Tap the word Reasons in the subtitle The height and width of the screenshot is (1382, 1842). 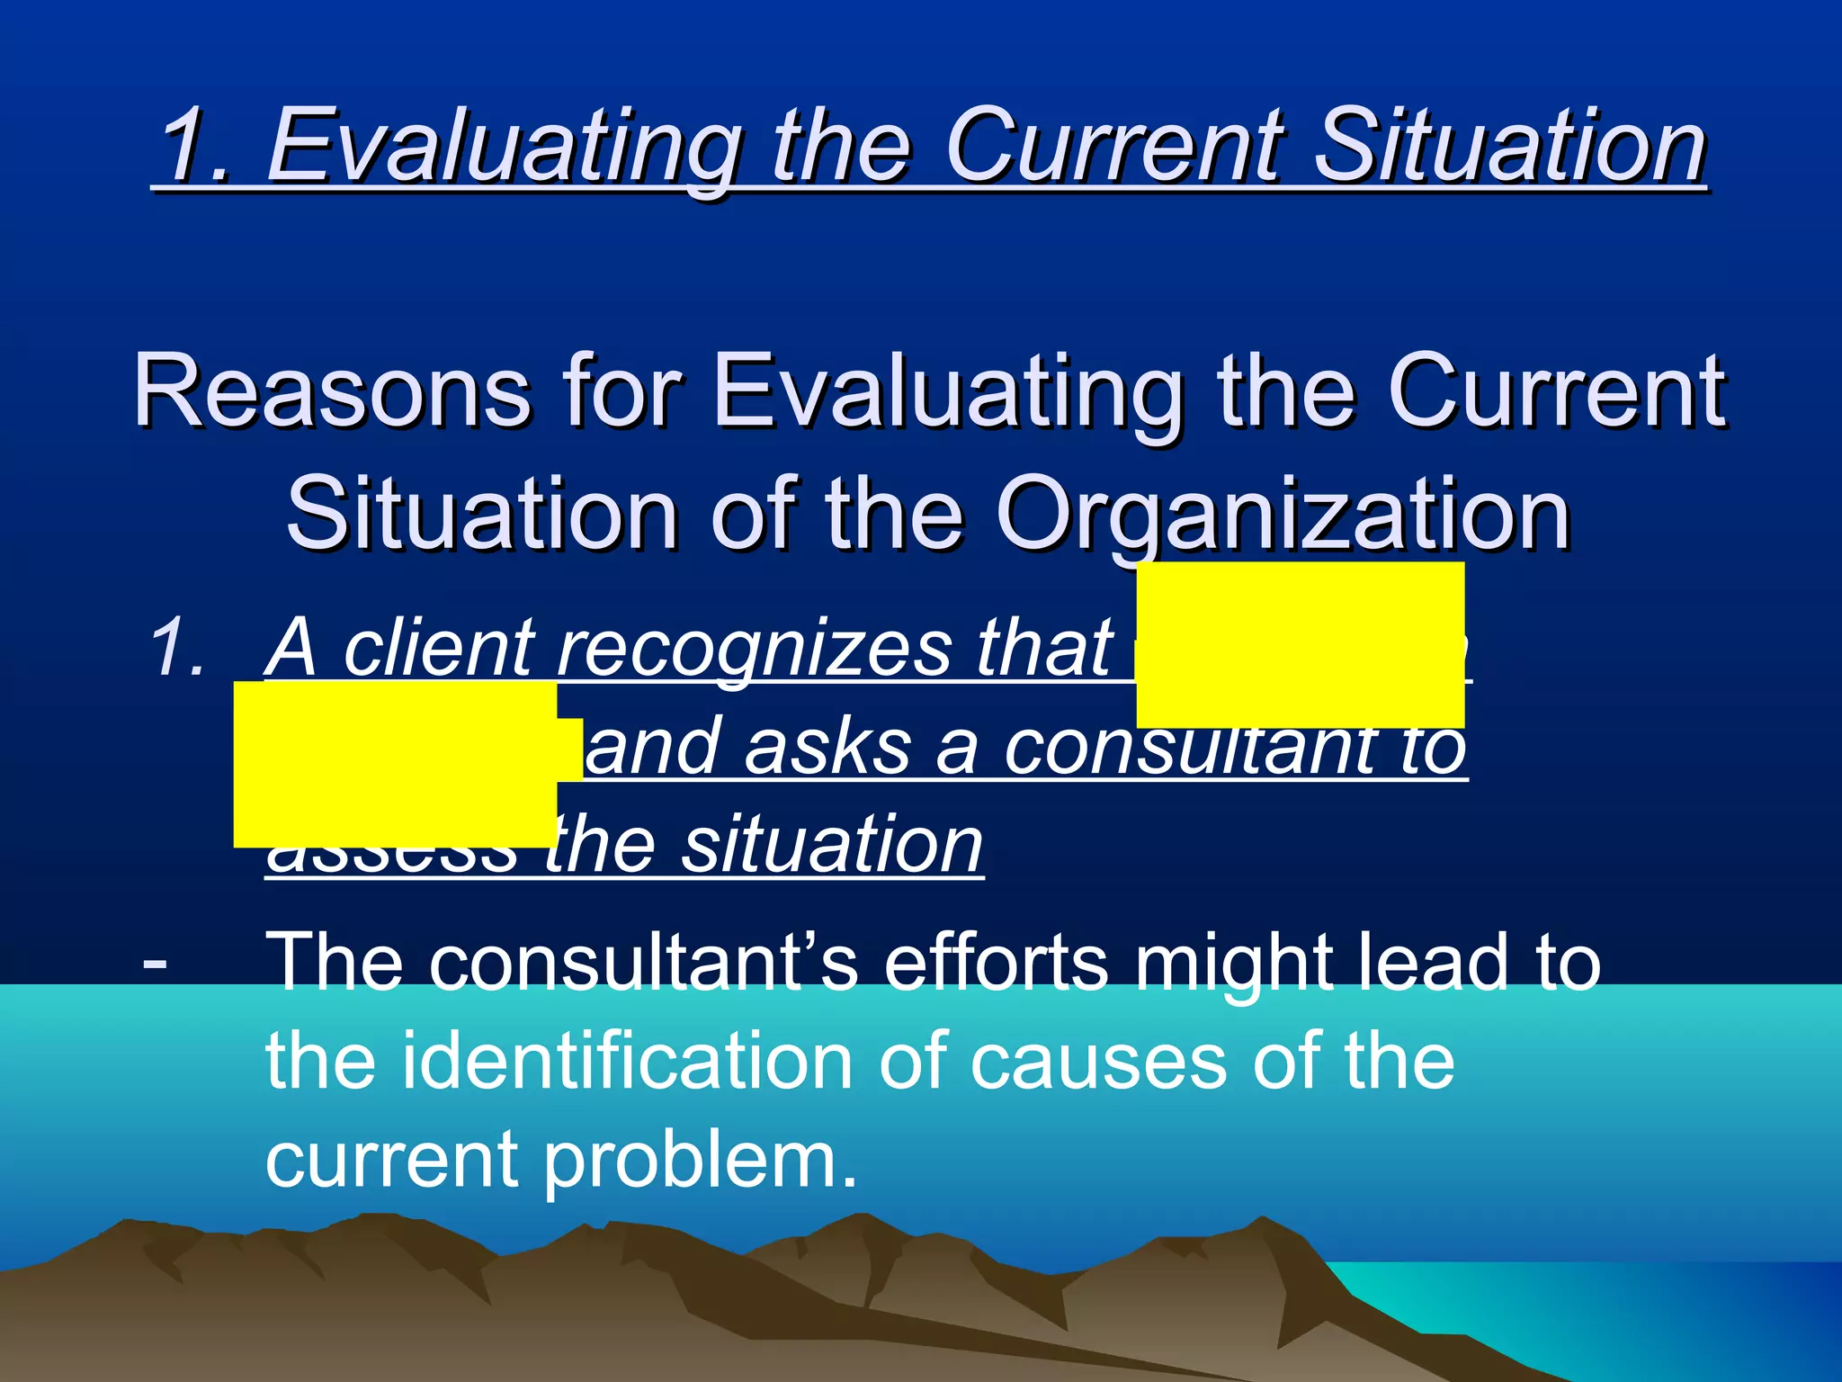tap(332, 391)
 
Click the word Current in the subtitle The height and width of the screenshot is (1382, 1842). tap(1555, 391)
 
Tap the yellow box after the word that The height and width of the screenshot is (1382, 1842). tap(1300, 644)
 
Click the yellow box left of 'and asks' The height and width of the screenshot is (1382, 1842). tap(396, 764)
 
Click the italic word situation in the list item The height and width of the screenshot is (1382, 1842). tap(832, 845)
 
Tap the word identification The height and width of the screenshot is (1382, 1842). tap(626, 1062)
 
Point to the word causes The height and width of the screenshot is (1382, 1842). tap(1098, 1062)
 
